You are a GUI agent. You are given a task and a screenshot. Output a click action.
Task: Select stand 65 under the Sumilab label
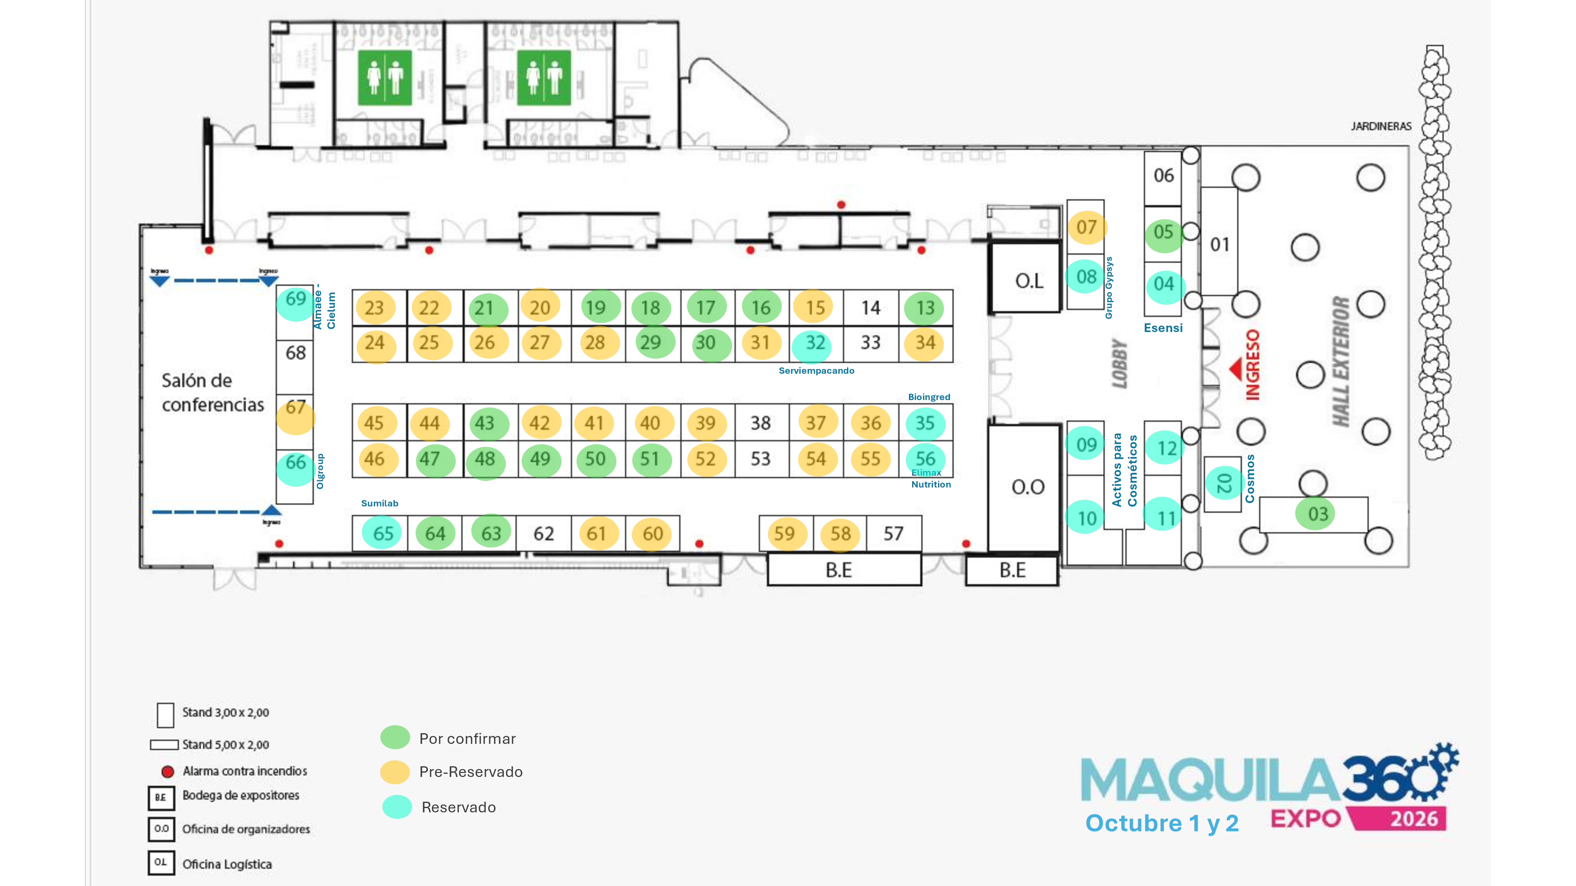coord(383,533)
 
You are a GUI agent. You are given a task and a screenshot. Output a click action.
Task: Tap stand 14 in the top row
coord(871,308)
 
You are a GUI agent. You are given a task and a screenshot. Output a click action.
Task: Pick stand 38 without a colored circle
coord(760,423)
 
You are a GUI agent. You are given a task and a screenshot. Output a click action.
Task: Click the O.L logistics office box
coord(1028,281)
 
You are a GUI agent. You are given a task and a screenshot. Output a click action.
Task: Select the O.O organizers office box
coord(1028,487)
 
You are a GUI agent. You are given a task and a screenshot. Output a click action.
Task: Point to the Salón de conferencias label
coord(212,393)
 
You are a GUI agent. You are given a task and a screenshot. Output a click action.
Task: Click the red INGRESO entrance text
coord(1253,365)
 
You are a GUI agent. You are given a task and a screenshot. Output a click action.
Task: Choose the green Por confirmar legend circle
coord(395,738)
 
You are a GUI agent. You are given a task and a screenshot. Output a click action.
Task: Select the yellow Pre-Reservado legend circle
coord(395,772)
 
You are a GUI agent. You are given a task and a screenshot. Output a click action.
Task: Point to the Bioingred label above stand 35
coord(929,397)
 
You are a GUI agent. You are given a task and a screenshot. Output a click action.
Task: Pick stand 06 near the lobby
coord(1163,176)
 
